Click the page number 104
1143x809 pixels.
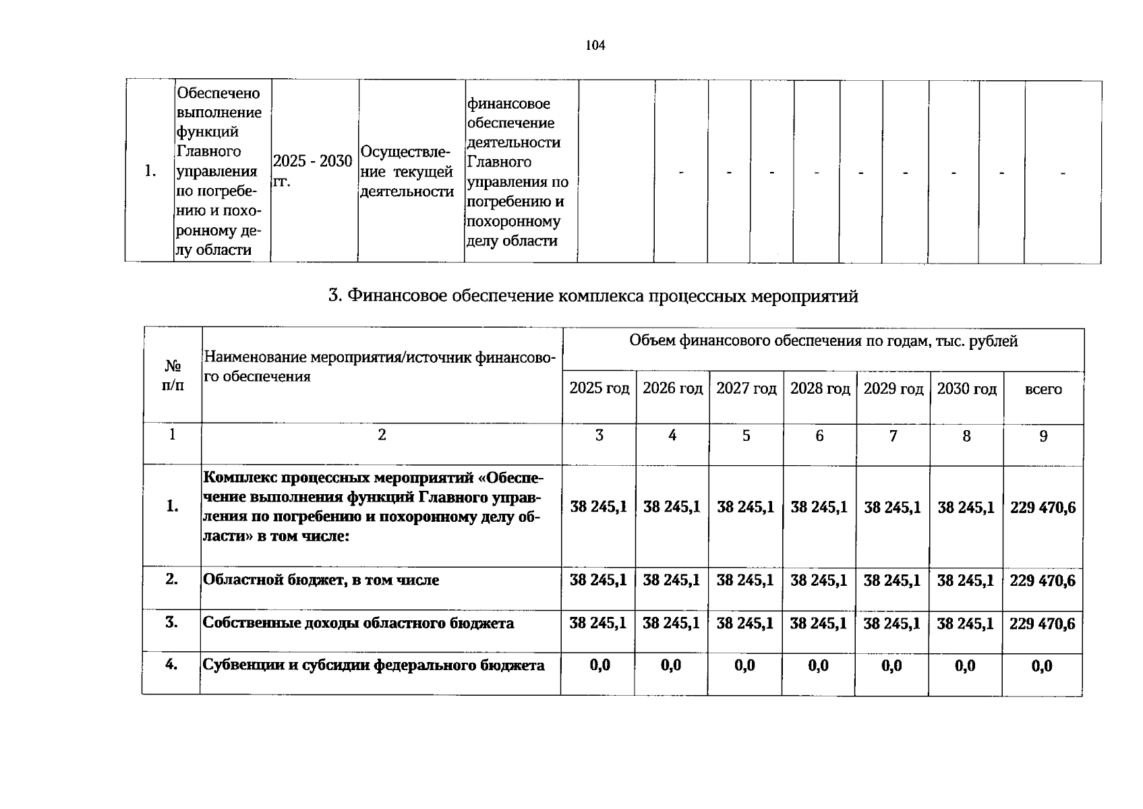(595, 46)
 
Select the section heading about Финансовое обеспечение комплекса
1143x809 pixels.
(593, 296)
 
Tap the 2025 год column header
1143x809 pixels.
(599, 388)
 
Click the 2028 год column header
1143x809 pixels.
(819, 388)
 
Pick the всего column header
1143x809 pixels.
(1043, 389)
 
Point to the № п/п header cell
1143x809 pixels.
(173, 376)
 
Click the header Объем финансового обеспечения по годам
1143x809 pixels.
(823, 341)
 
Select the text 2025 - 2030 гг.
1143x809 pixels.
(312, 171)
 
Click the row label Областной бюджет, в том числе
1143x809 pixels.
(321, 580)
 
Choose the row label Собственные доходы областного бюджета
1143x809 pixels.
(358, 623)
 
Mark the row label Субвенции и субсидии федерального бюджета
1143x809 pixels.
(374, 665)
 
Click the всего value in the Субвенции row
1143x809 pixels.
(1042, 667)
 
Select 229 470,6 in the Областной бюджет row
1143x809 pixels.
(1042, 580)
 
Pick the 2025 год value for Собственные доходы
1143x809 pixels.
(597, 623)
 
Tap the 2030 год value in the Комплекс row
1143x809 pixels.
(966, 507)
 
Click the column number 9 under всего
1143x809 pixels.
(1043, 436)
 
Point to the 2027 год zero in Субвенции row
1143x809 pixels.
(744, 666)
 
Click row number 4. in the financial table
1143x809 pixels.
(171, 665)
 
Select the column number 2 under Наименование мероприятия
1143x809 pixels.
(382, 436)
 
